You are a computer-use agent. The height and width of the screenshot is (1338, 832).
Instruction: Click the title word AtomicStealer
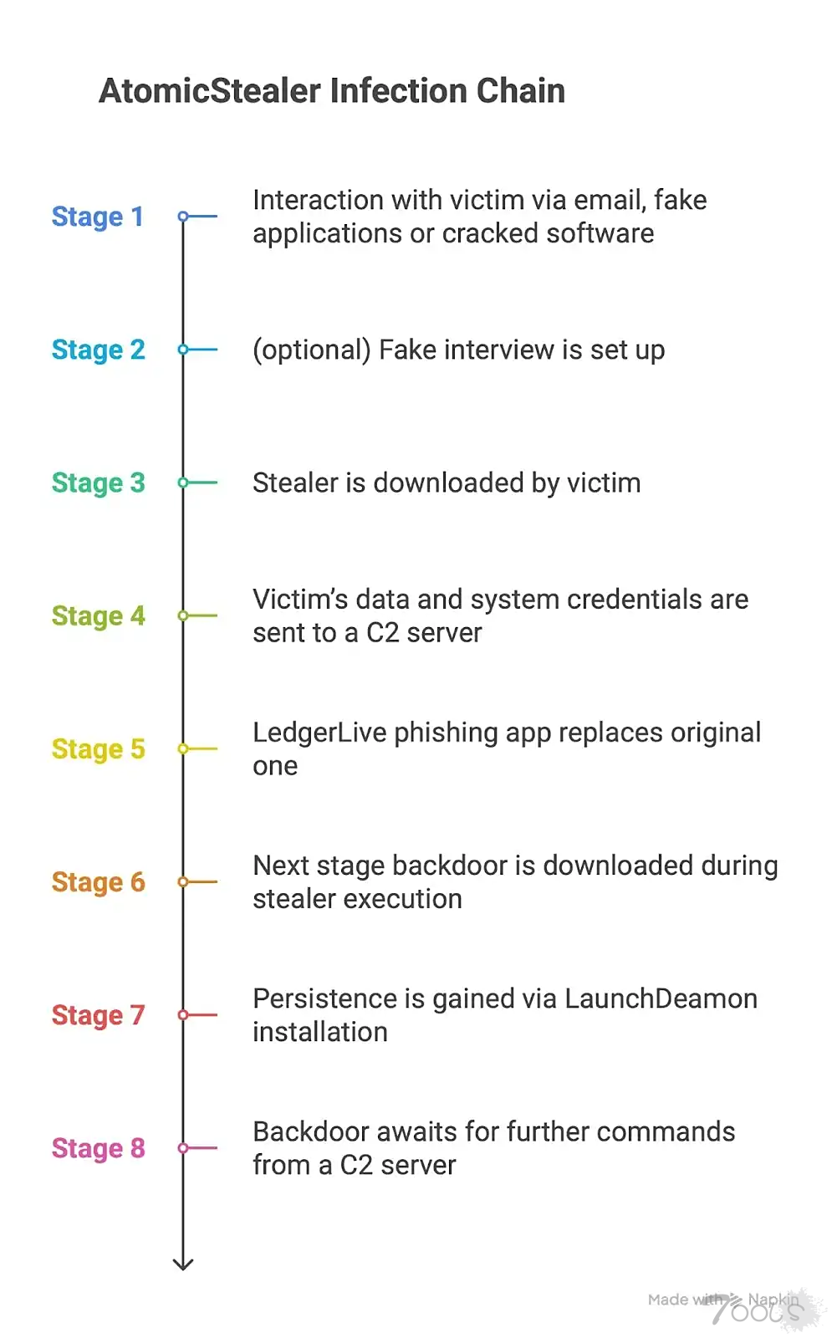(210, 91)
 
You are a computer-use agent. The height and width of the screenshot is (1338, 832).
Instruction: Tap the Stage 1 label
(97, 217)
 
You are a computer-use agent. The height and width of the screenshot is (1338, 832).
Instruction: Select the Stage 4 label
(99, 615)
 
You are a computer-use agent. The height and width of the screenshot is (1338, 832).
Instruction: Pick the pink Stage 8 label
(99, 1148)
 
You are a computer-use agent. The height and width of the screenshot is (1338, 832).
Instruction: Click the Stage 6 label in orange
(99, 882)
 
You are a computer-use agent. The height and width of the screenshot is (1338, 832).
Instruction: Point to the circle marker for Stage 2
(183, 350)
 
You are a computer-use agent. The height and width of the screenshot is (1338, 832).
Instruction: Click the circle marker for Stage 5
(183, 748)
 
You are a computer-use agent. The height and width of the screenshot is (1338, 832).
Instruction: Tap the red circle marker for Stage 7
(183, 1015)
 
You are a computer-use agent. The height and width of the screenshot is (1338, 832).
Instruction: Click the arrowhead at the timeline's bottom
(183, 1264)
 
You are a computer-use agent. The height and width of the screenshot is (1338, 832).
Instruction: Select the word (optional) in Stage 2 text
(312, 350)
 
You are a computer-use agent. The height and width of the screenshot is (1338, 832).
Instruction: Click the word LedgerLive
(319, 733)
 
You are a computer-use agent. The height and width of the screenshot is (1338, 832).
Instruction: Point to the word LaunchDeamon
(661, 998)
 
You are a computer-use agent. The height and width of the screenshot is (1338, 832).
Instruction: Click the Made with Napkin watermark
(723, 1300)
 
